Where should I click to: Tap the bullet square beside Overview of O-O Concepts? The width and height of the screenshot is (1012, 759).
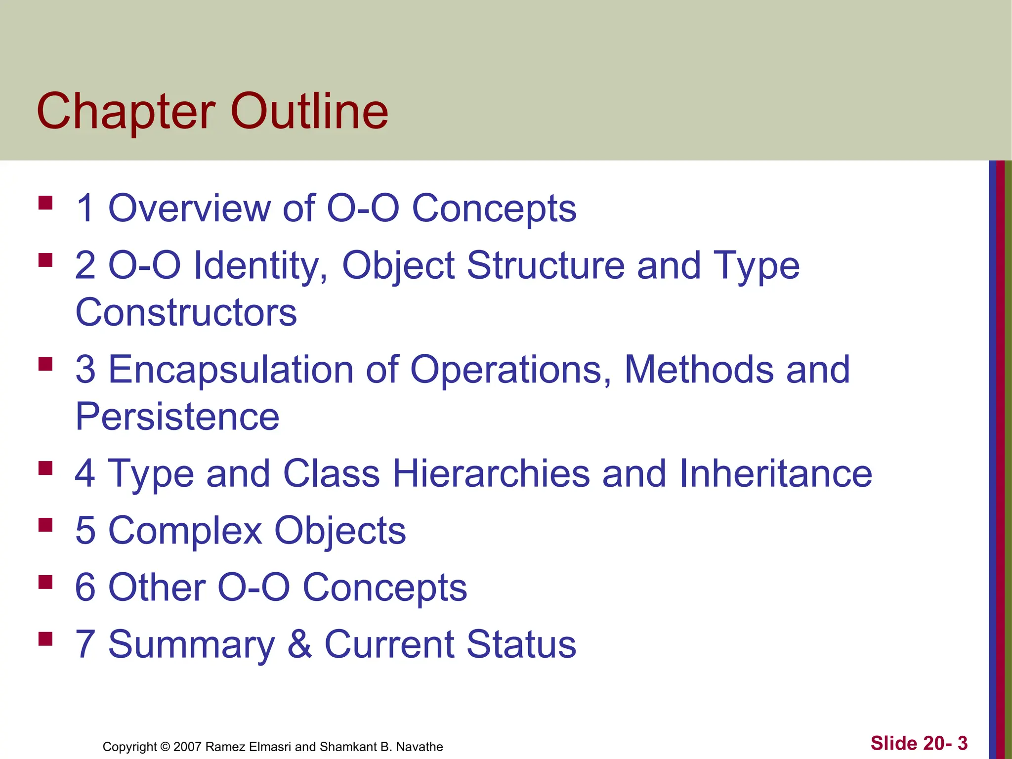coord(45,203)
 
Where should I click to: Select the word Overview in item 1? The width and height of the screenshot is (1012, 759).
coord(189,208)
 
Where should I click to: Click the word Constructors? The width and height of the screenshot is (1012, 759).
coord(186,312)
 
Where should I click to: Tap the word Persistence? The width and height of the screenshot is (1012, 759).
coord(177,417)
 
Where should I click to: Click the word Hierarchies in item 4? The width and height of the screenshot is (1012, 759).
coord(491,474)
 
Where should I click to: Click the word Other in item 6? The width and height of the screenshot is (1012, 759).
coord(157,588)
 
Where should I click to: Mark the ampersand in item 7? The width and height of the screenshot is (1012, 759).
coord(299,644)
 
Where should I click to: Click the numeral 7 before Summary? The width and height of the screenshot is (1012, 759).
coord(85,644)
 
